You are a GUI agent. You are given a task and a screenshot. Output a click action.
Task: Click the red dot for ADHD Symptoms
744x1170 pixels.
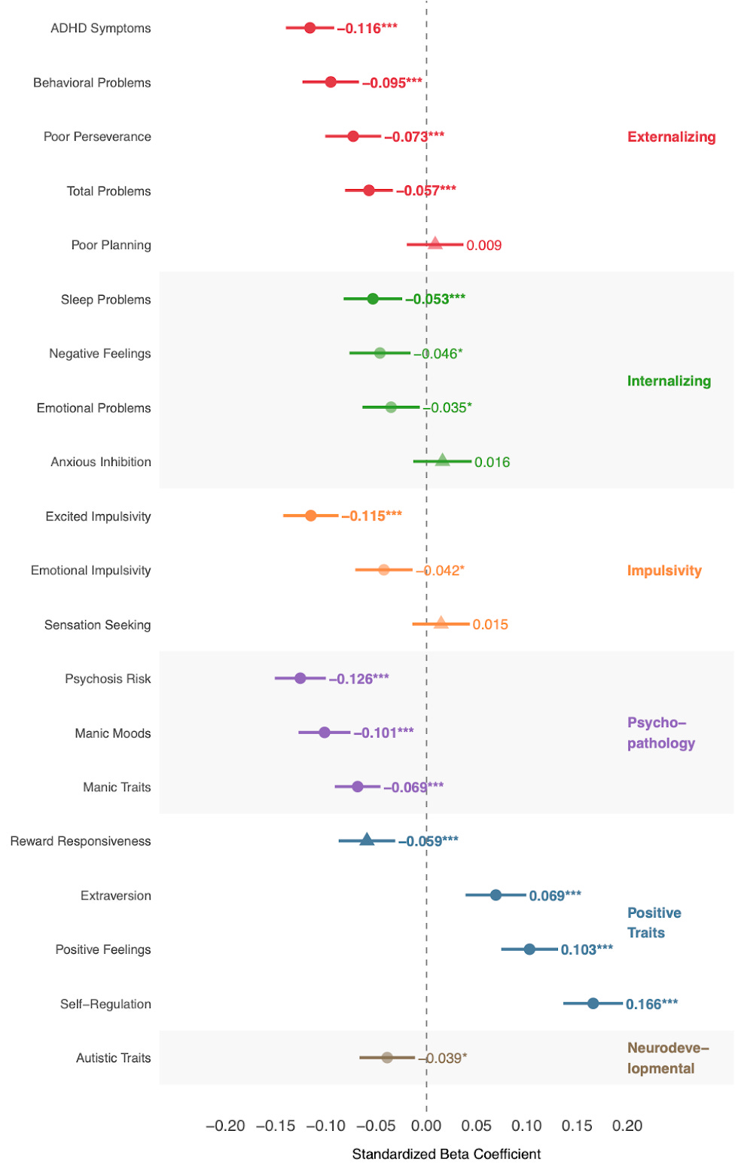(309, 28)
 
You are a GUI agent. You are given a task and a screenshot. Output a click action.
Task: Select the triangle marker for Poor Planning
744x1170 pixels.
(435, 243)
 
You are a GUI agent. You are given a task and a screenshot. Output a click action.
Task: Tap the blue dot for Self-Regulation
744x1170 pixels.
(593, 1003)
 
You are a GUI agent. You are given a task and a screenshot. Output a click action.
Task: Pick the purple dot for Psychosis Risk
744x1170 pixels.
(300, 678)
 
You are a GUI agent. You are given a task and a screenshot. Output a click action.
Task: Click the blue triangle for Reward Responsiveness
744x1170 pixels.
(367, 839)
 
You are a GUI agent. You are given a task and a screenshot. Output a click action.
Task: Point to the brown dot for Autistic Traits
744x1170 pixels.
(387, 1057)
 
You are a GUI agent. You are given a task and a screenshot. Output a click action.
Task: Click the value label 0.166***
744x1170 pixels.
(651, 1004)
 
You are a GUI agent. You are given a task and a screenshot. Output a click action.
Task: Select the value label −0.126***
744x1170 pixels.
(358, 679)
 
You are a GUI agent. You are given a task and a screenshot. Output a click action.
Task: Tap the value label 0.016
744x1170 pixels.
(492, 462)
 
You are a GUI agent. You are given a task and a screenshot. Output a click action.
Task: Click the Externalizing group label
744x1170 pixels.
(671, 137)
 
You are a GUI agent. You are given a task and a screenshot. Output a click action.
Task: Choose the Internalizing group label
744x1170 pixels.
(669, 381)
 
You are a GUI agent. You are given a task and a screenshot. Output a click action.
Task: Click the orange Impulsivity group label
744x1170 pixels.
(664, 571)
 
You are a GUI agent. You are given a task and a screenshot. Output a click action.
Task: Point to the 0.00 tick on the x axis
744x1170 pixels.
(426, 1126)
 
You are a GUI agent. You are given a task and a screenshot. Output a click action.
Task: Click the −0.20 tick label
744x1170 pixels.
(225, 1126)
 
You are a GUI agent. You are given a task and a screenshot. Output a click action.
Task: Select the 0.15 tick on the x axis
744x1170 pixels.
(577, 1126)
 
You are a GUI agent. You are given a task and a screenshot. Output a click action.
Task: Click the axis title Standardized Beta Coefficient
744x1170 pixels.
(446, 1154)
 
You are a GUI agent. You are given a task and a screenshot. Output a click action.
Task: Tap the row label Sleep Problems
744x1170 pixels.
(105, 300)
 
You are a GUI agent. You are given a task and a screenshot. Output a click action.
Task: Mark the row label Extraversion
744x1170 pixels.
(115, 895)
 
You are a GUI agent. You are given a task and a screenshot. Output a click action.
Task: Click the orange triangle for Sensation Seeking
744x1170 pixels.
(441, 623)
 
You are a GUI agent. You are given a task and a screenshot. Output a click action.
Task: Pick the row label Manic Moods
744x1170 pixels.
(112, 733)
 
